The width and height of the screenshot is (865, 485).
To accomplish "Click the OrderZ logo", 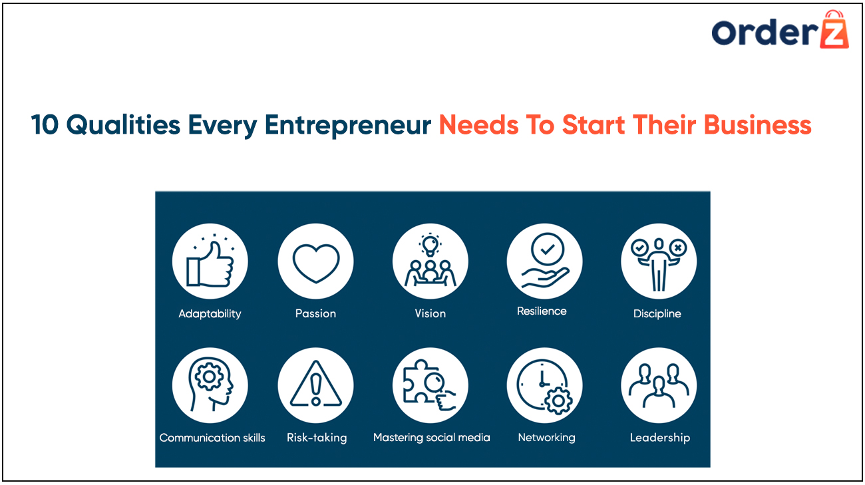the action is pos(780,30).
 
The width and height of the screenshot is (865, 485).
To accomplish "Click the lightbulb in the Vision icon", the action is pos(431,245).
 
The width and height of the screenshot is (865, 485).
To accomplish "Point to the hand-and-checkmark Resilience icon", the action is pos(544,261).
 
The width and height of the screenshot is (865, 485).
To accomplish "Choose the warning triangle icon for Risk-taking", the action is pos(316,384).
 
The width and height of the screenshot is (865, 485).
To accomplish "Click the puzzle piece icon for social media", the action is pos(429,385).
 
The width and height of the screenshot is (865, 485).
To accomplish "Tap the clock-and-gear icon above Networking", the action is pos(544,385).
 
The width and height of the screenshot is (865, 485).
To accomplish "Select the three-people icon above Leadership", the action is pos(659,385).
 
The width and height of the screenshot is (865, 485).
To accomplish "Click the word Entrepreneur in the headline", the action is pos(347,125).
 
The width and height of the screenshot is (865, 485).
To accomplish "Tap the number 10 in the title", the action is pos(45,125).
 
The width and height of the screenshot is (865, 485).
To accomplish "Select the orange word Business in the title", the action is pos(758,124).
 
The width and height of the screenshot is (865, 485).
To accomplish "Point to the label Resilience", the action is pos(542,311).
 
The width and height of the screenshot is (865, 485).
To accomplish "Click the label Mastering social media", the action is pos(431,438).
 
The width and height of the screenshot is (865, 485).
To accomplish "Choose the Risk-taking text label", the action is pos(317,438).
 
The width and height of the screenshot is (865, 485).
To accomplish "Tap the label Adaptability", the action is pos(210,313).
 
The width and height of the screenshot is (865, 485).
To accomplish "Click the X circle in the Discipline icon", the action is pos(678,247).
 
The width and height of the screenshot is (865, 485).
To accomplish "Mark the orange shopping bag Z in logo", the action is pos(834,30).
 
